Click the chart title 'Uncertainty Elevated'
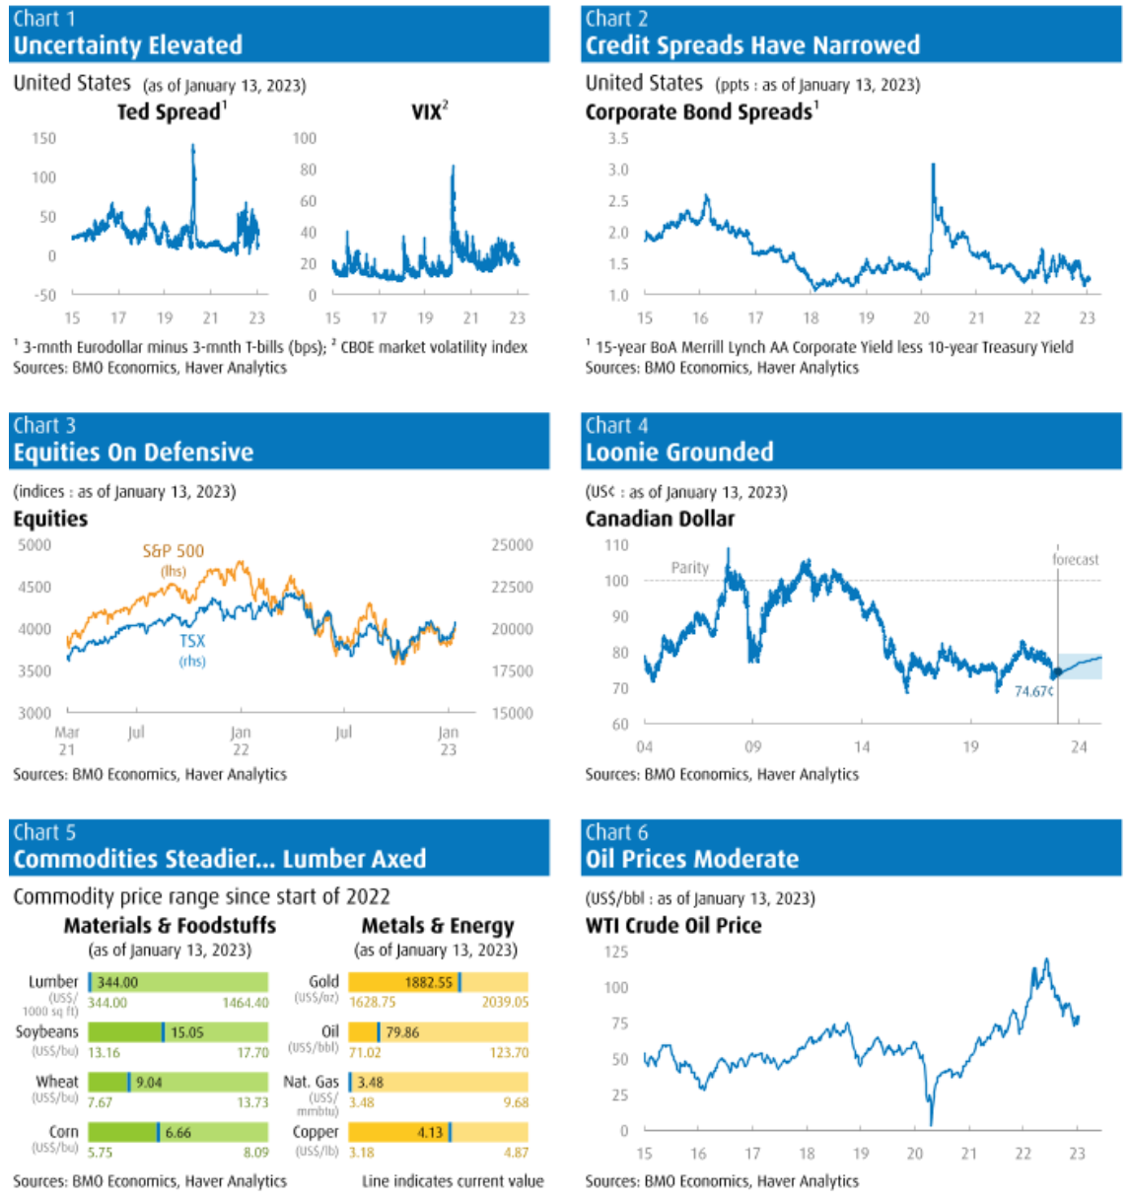[x=127, y=45]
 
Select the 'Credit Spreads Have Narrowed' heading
[x=752, y=45]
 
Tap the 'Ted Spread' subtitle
[x=170, y=112]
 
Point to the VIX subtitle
[x=427, y=112]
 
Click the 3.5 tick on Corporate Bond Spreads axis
[x=618, y=138]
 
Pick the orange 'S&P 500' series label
[x=174, y=551]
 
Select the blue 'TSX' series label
[x=192, y=641]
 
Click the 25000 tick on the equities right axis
[x=512, y=545]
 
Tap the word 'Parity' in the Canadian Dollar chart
[x=690, y=568]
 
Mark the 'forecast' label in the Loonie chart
[x=1075, y=559]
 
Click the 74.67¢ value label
[x=1033, y=691]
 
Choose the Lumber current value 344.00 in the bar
[x=117, y=982]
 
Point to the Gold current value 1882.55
[x=429, y=982]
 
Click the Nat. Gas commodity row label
[x=311, y=1082]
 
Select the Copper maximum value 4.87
[x=516, y=1152]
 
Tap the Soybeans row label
[x=46, y=1031]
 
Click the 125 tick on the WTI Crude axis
[x=616, y=951]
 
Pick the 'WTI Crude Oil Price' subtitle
[x=673, y=926]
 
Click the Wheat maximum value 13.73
[x=252, y=1102]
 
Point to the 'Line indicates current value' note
[x=453, y=1181]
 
